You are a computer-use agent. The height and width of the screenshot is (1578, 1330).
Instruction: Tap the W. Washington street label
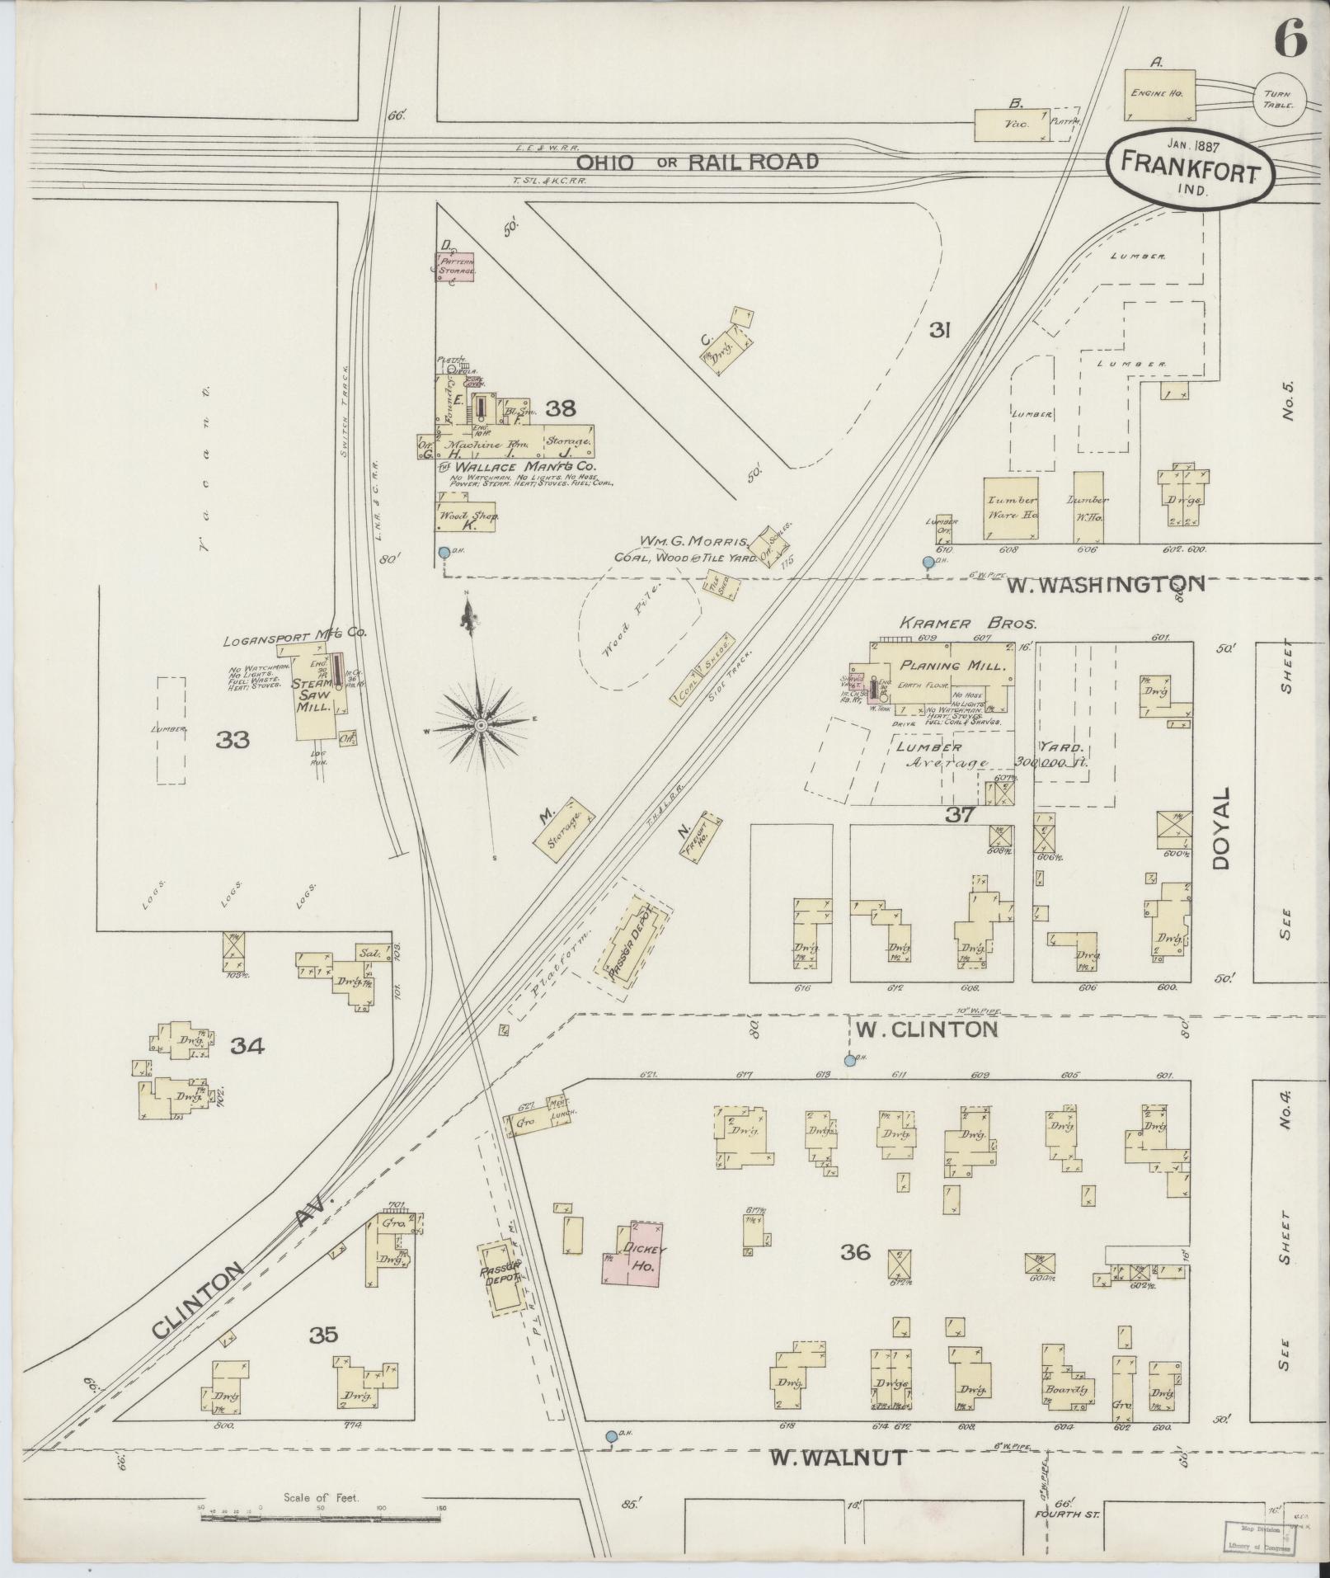pyautogui.click(x=1105, y=585)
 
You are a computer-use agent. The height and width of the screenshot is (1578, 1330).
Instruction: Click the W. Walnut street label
pyautogui.click(x=838, y=1458)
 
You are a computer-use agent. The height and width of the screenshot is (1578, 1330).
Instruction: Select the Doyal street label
pyautogui.click(x=1221, y=827)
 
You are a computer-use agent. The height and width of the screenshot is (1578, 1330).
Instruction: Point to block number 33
pyautogui.click(x=233, y=739)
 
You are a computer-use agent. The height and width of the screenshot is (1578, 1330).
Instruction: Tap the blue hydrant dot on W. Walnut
pyautogui.click(x=611, y=1436)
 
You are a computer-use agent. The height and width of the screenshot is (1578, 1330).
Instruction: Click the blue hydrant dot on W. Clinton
pyautogui.click(x=849, y=1061)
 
